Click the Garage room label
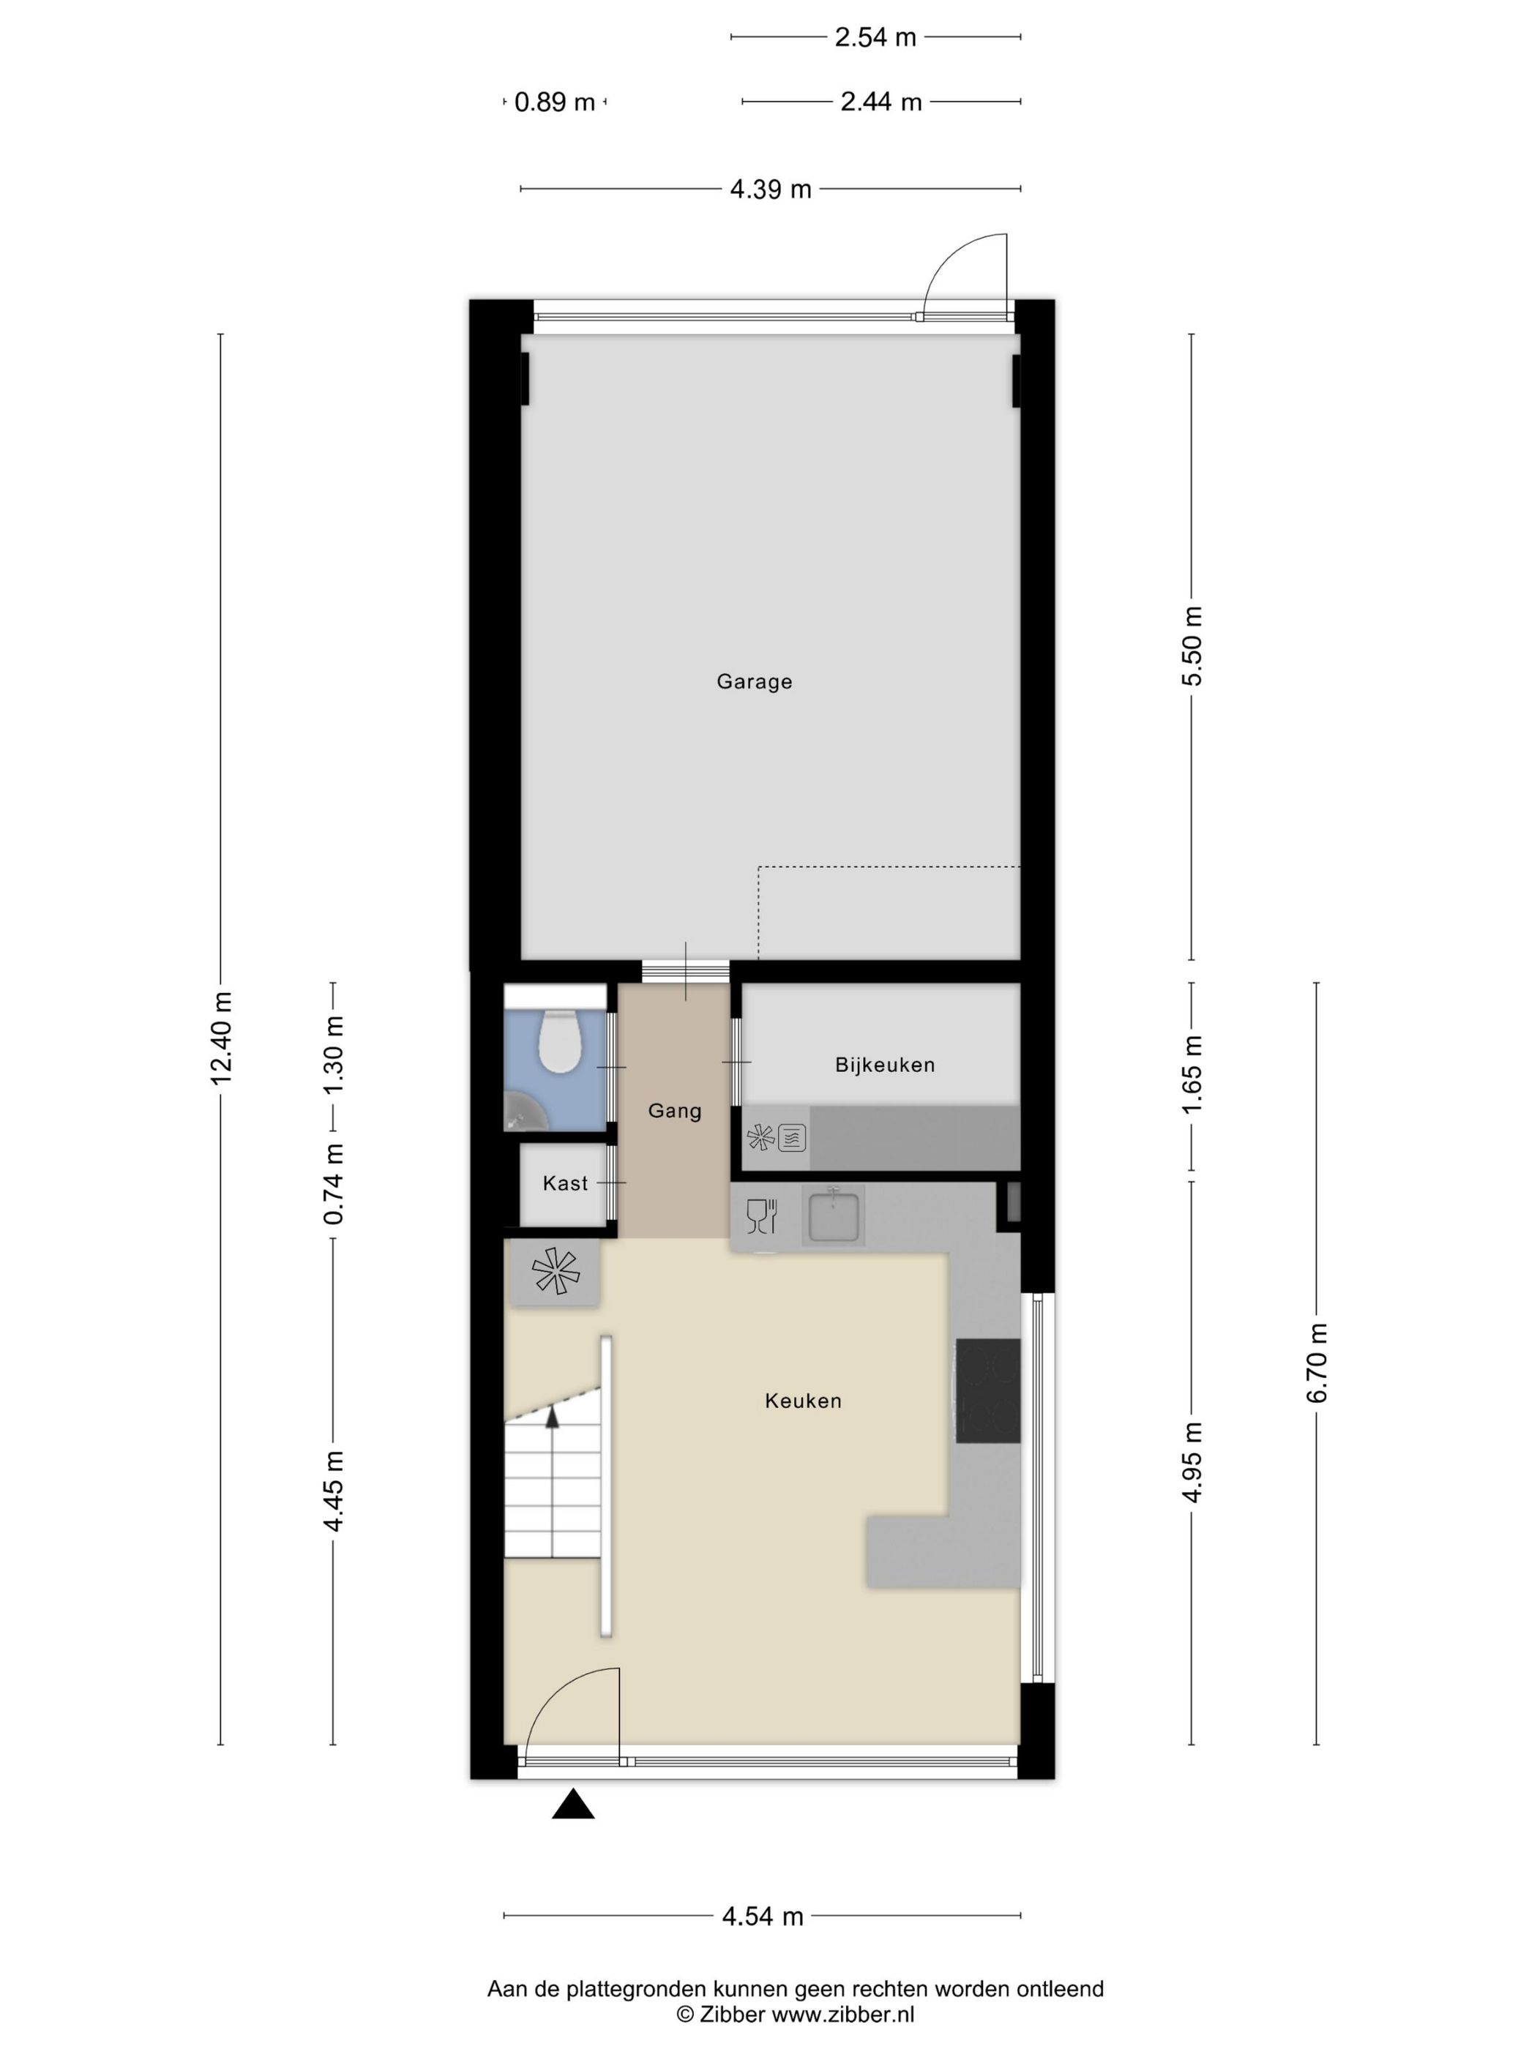click(754, 682)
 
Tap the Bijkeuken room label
click(885, 1065)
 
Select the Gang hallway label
click(675, 1111)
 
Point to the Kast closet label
click(565, 1183)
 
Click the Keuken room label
click(803, 1401)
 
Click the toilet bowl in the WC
click(560, 1042)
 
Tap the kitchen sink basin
click(834, 1217)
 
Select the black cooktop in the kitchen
click(987, 1390)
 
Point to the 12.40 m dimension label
click(220, 1038)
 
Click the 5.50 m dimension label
click(1192, 645)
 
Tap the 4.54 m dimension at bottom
click(763, 1916)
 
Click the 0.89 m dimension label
click(554, 102)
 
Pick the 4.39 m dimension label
click(771, 189)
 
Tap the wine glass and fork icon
click(760, 1216)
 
